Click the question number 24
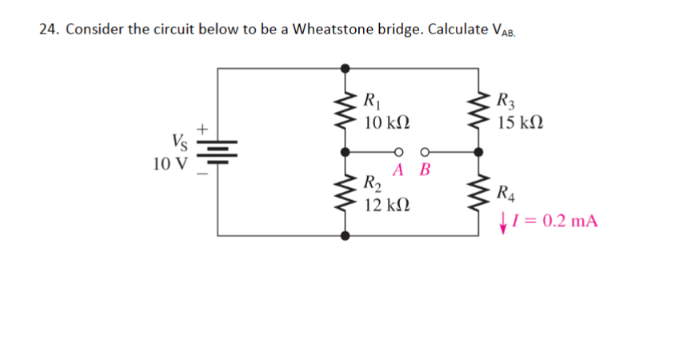[49, 30]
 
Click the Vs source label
[180, 143]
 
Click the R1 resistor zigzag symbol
[346, 112]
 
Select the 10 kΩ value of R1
[387, 123]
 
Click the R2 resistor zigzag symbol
[346, 193]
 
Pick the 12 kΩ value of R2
[387, 206]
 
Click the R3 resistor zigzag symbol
[480, 112]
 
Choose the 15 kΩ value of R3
[521, 123]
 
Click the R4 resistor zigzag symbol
[480, 193]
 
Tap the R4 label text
[505, 192]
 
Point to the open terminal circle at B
[424, 150]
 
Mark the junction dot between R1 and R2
[346, 150]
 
